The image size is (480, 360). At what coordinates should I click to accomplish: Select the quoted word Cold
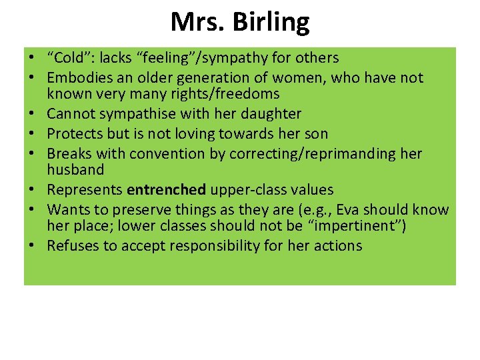[70, 58]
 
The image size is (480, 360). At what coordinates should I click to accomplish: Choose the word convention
[177, 153]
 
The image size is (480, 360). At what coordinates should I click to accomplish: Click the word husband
[75, 170]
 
